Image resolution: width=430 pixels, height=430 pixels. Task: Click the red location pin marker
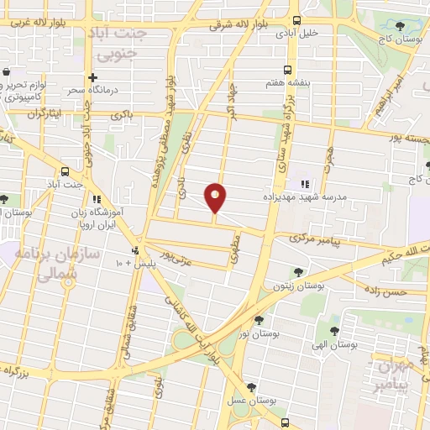[216, 197]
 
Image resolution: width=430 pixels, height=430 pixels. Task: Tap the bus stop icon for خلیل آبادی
[296, 21]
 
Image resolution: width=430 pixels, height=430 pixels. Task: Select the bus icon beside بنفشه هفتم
[288, 71]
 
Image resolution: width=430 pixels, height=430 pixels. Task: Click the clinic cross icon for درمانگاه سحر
[104, 78]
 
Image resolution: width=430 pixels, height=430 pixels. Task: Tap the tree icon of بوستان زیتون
[298, 272]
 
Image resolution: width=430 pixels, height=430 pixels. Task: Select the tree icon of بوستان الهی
[334, 331]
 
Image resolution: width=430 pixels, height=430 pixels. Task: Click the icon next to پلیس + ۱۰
[134, 250]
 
